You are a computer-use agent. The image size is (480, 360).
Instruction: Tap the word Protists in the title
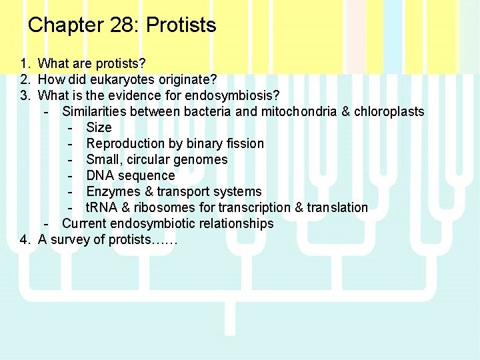click(181, 25)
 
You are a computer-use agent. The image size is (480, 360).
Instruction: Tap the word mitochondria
click(298, 111)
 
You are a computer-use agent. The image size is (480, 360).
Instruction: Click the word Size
click(99, 127)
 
